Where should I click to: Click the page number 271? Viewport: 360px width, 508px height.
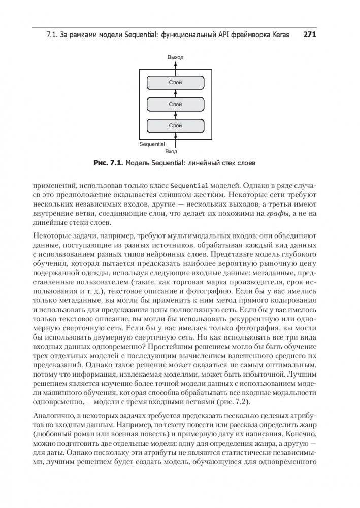(x=309, y=35)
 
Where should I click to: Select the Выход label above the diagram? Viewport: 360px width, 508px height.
(x=175, y=58)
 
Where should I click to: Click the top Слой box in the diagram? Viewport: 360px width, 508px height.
(x=175, y=82)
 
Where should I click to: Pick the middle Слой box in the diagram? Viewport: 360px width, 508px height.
(x=175, y=104)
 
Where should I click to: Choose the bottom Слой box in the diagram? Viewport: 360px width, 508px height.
(x=175, y=125)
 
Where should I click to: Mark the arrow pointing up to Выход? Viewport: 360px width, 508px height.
(x=175, y=67)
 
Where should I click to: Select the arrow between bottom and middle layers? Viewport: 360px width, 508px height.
(x=175, y=115)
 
